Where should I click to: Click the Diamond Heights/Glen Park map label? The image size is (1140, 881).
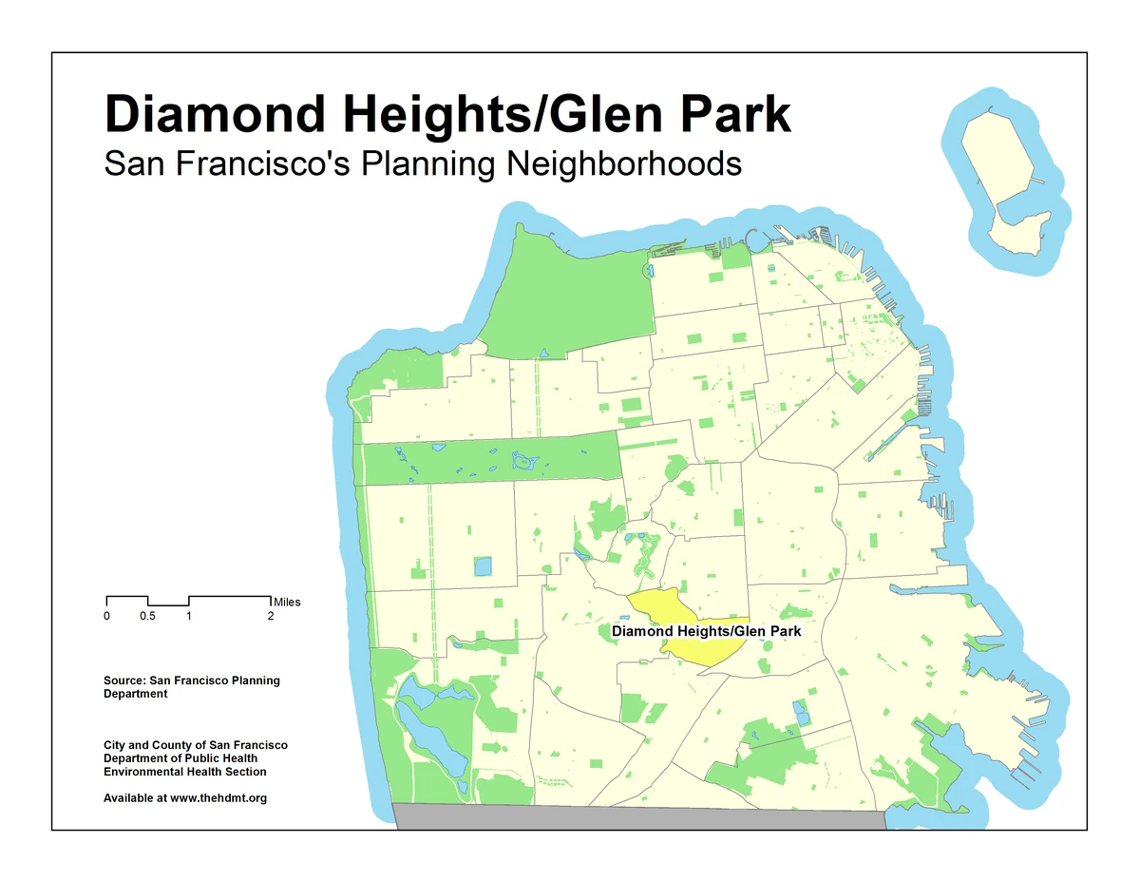point(706,631)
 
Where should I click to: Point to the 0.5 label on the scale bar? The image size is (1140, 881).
point(147,617)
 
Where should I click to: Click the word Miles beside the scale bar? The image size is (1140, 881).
point(286,602)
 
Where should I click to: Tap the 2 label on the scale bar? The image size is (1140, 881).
point(271,617)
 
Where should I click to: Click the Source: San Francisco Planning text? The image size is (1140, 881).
point(191,680)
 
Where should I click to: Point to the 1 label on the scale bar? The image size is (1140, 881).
point(189,617)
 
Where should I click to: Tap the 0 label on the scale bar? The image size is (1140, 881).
point(106,617)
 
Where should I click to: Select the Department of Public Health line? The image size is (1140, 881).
point(180,758)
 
